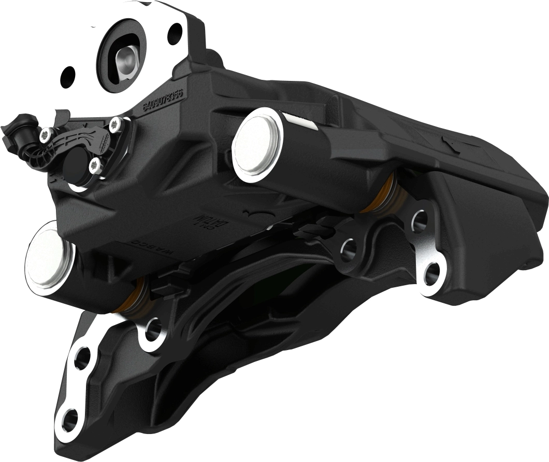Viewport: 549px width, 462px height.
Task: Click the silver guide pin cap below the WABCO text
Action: (49, 257)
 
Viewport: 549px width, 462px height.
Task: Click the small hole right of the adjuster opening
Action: (175, 34)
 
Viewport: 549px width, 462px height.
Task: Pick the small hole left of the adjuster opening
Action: (68, 77)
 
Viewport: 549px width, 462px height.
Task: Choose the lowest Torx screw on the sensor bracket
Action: (94, 166)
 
